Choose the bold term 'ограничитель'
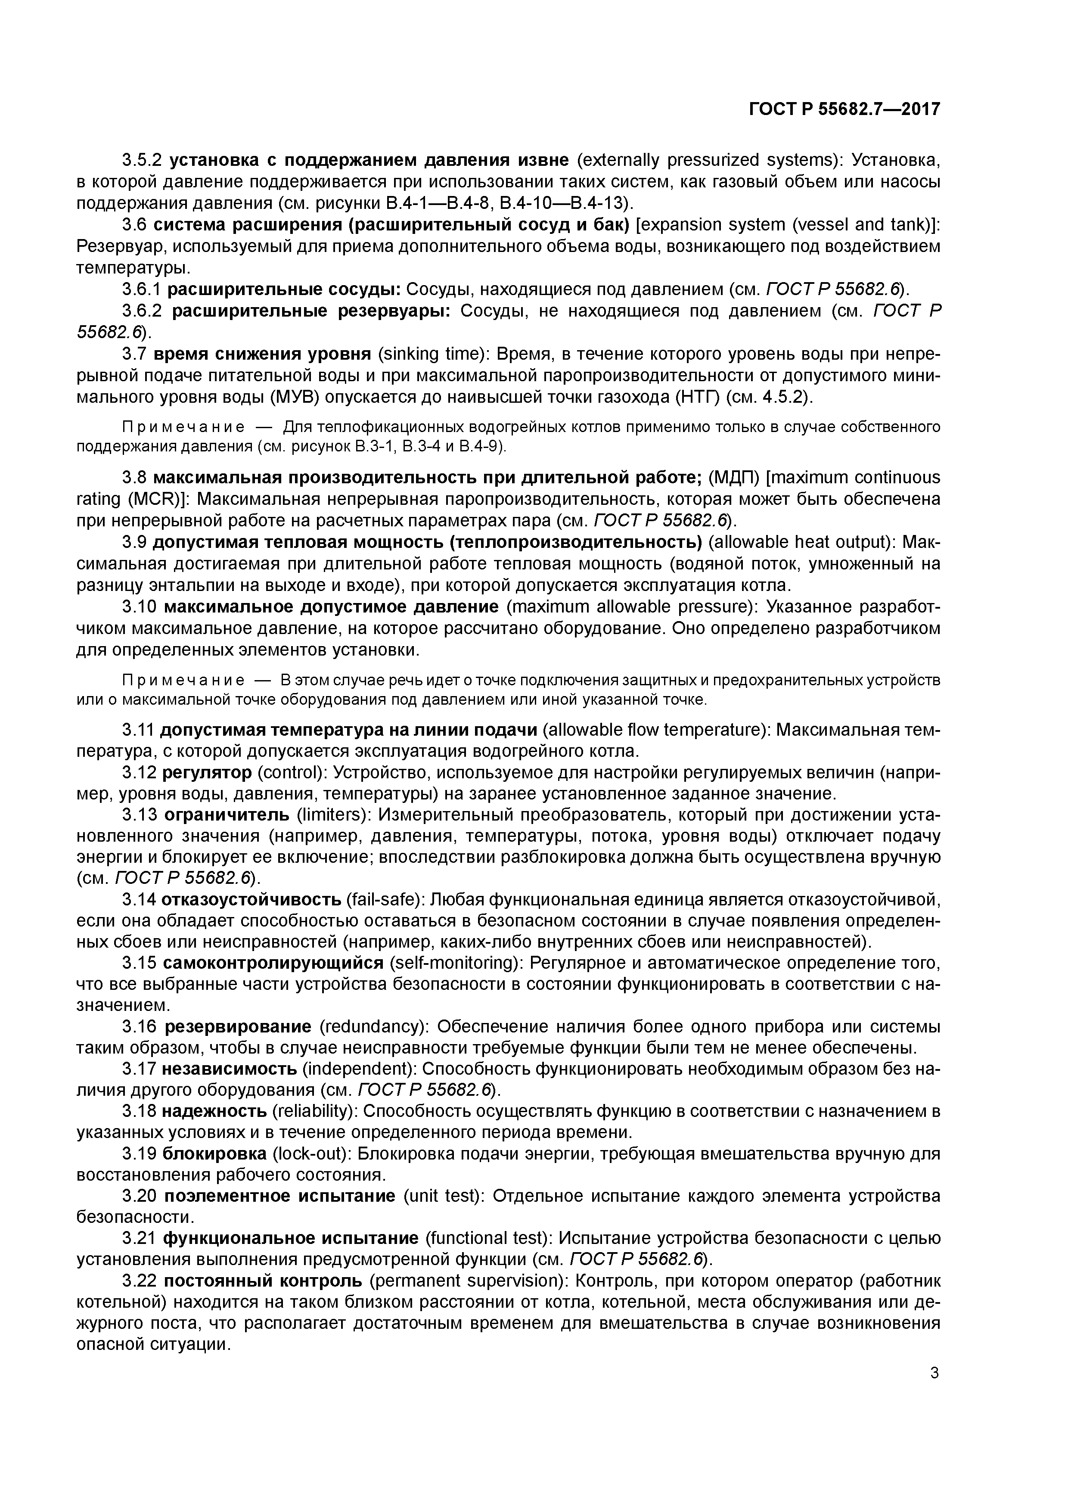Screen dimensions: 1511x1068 click(227, 815)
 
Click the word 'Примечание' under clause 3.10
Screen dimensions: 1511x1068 click(183, 680)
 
